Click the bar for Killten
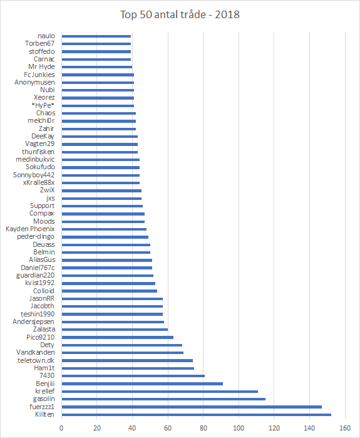pyautogui.click(x=197, y=415)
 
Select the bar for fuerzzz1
pyautogui.click(x=192, y=407)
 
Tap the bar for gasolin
pyautogui.click(x=163, y=399)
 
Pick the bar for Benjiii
pyautogui.click(x=142, y=383)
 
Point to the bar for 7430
pyautogui.click(x=133, y=376)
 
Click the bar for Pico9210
pyautogui.click(x=118, y=337)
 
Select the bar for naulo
pyautogui.click(x=96, y=36)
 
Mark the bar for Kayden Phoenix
pyautogui.click(x=104, y=229)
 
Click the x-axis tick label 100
pyautogui.click(x=239, y=428)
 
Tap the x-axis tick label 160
pyautogui.click(x=345, y=428)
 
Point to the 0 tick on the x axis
pyautogui.click(x=61, y=428)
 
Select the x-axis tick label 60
pyautogui.click(x=168, y=428)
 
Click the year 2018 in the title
pyautogui.click(x=227, y=14)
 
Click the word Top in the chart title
pyautogui.click(x=128, y=15)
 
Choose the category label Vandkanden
pyautogui.click(x=36, y=352)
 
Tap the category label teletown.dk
pyautogui.click(x=36, y=360)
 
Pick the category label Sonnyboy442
pyautogui.click(x=34, y=175)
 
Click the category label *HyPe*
pyautogui.click(x=43, y=105)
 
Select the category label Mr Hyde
pyautogui.click(x=41, y=67)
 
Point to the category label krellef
pyautogui.click(x=45, y=391)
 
